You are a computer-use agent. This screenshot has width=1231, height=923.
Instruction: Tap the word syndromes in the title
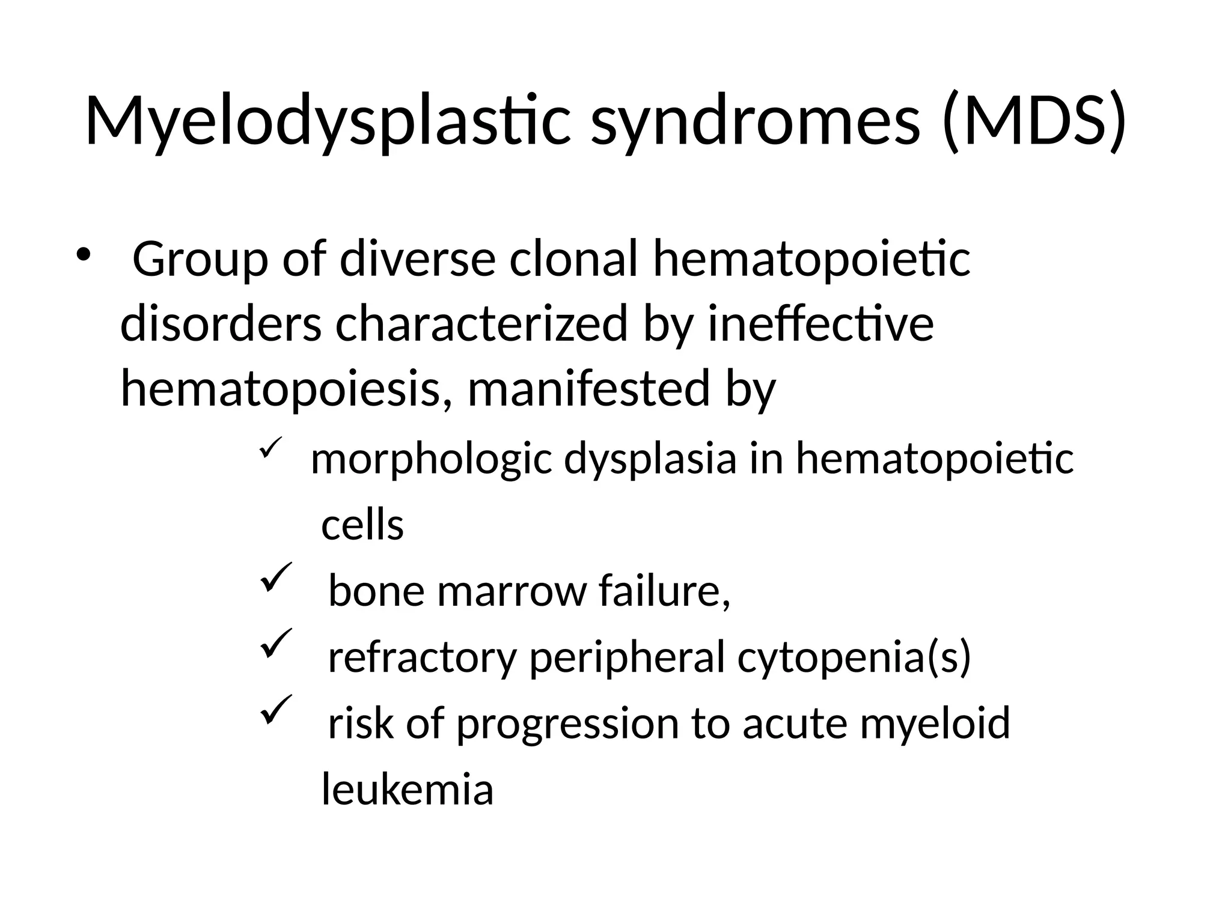pyautogui.click(x=755, y=122)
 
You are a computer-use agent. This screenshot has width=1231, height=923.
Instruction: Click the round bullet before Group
pyautogui.click(x=82, y=254)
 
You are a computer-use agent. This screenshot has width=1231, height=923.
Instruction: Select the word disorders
pyautogui.click(x=221, y=324)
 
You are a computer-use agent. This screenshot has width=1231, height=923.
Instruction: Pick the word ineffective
pyautogui.click(x=820, y=324)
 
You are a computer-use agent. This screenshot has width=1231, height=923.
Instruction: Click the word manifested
pyautogui.click(x=588, y=389)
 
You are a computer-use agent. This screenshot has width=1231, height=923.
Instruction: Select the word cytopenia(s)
pyautogui.click(x=854, y=657)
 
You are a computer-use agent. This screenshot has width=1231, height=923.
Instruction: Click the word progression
pyautogui.click(x=567, y=723)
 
